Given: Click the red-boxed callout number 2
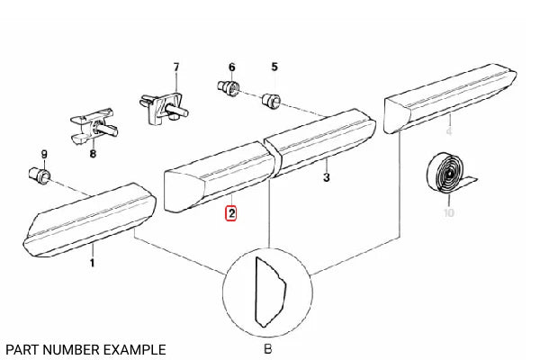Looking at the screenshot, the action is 231,213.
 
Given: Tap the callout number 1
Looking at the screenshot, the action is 92,263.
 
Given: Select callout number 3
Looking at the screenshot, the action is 327,177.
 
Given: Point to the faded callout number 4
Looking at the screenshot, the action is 449,131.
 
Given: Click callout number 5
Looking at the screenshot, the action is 274,67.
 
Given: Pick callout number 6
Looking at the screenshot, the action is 232,67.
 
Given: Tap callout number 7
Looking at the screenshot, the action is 176,67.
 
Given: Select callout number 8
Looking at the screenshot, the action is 93,153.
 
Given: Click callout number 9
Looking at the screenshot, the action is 44,154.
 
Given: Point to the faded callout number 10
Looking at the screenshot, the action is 449,213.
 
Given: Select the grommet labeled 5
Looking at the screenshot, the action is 272,99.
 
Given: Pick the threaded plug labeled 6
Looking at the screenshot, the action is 229,87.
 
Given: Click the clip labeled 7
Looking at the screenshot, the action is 163,107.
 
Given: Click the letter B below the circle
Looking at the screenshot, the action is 267,349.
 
